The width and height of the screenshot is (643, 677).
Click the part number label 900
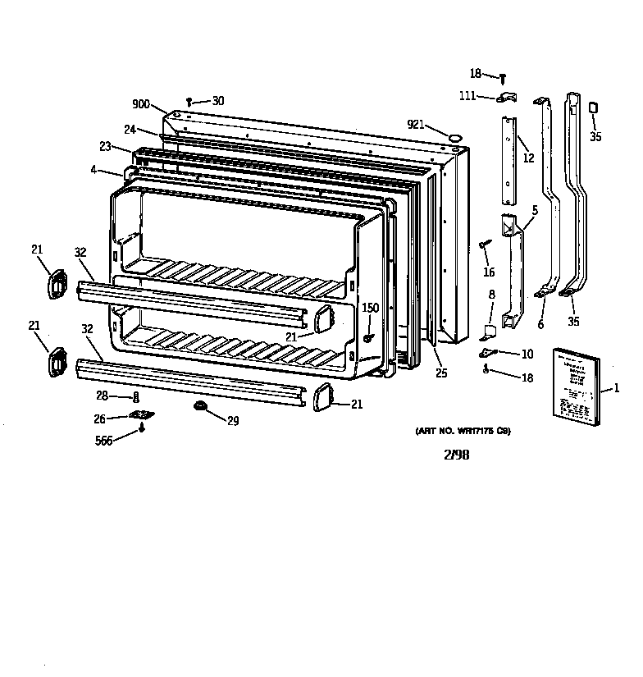[x=141, y=104]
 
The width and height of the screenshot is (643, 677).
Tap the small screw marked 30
[x=189, y=102]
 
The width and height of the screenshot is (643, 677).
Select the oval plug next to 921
[x=455, y=131]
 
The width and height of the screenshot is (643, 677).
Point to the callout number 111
[x=467, y=96]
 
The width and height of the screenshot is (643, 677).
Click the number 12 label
[x=528, y=158]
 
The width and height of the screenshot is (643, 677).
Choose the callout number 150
[x=370, y=308]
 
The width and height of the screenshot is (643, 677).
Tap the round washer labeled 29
[x=200, y=406]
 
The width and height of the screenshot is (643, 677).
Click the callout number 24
[x=130, y=129]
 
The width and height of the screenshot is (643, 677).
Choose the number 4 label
[x=94, y=171]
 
